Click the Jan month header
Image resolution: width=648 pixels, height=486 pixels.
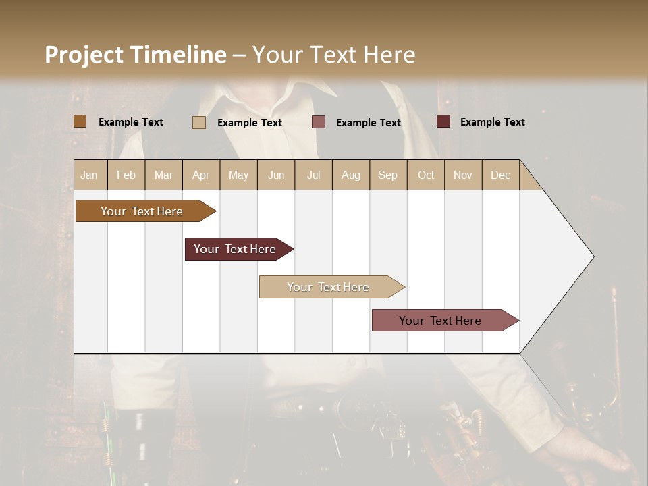(x=89, y=175)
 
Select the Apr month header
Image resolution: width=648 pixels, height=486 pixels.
(x=200, y=175)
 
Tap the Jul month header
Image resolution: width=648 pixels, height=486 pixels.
(x=313, y=175)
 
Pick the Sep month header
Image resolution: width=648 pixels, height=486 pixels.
(x=387, y=175)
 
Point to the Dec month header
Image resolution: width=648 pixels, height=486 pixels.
(x=500, y=175)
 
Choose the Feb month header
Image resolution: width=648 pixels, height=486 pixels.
(x=126, y=175)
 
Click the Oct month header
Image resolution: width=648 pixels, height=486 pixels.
(x=426, y=175)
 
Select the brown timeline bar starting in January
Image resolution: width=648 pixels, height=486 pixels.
(x=142, y=211)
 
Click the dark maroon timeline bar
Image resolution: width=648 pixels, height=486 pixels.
(x=235, y=249)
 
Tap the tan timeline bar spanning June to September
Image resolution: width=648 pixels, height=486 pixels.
(x=328, y=287)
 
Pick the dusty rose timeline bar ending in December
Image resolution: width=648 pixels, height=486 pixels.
(x=440, y=321)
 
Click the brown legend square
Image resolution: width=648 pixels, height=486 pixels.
(x=80, y=122)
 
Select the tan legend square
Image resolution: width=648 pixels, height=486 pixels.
(x=199, y=122)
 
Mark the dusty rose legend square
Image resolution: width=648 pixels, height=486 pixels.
(x=319, y=122)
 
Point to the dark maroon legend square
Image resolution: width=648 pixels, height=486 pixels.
(x=443, y=122)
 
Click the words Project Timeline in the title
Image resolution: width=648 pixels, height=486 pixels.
(x=135, y=55)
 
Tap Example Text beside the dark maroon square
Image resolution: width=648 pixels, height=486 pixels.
(x=492, y=122)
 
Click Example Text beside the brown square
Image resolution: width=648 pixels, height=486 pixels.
(x=130, y=122)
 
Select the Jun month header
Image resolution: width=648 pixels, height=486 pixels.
(x=276, y=175)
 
